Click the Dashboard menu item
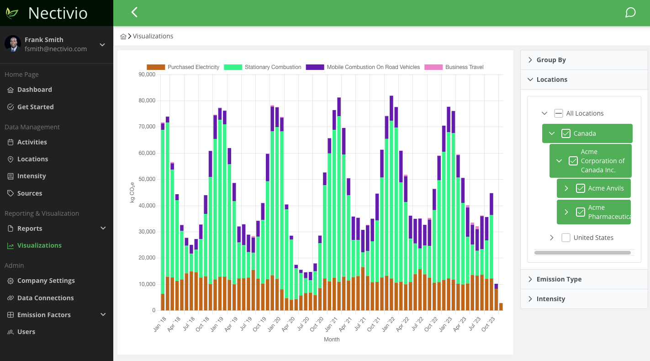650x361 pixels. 35,90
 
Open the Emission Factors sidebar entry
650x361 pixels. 44,315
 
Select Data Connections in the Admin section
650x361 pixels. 45,298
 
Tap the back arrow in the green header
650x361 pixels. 134,12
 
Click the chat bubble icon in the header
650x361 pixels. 630,12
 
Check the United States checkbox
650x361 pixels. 566,238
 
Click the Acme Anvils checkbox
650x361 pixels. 581,188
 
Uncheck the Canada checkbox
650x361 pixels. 566,133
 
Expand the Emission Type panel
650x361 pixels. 559,279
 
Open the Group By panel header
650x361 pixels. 551,60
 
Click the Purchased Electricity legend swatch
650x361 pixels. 156,67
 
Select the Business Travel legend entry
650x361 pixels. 464,67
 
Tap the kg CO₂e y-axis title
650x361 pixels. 132,192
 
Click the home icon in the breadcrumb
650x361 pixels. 123,37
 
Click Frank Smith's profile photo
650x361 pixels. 13,44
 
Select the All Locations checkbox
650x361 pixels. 559,113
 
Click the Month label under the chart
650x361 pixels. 332,340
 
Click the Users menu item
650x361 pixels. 26,332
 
